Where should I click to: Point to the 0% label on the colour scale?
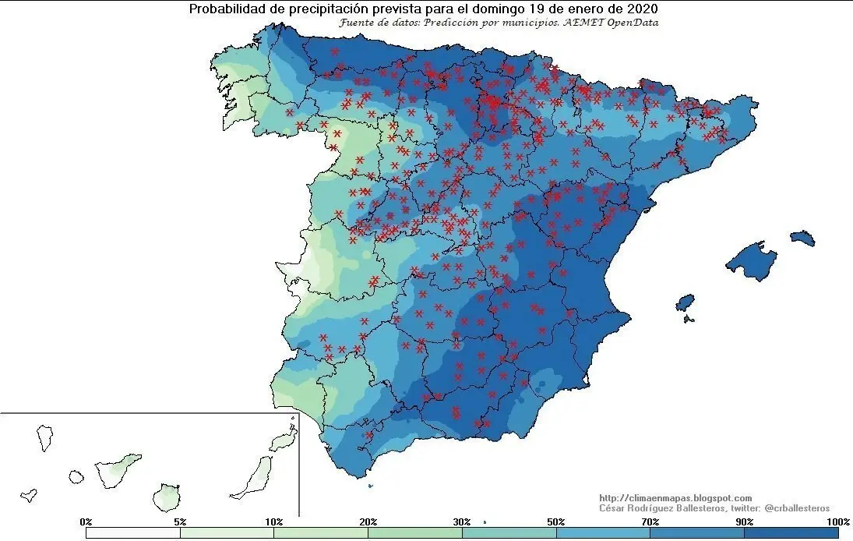coord(86,521)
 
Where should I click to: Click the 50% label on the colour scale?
coord(556,521)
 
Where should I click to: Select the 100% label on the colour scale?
coord(837,521)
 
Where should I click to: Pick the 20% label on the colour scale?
coord(368,521)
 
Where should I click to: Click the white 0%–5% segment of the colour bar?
coord(133,533)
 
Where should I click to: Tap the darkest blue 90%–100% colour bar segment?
coord(791,533)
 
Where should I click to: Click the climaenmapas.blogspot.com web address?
coord(675,497)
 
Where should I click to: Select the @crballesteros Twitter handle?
coord(797,507)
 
